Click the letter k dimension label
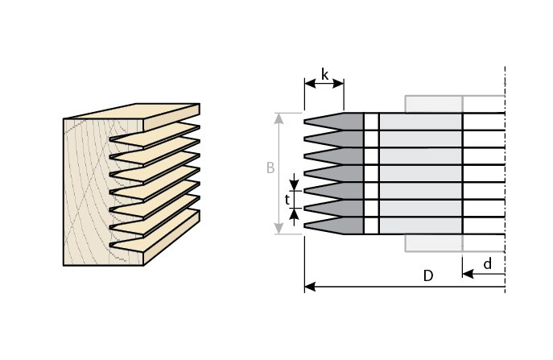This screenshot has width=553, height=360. click(x=325, y=75)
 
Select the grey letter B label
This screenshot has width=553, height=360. click(x=270, y=168)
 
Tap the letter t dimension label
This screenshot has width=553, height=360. click(x=287, y=200)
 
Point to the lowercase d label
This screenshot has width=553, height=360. click(x=488, y=263)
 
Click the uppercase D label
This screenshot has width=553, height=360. click(x=427, y=275)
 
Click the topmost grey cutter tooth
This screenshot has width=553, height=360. click(x=333, y=122)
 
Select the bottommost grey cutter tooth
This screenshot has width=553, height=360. click(x=333, y=226)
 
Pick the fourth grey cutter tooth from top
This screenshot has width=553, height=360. click(x=333, y=174)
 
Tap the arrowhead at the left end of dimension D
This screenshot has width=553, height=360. click(x=310, y=287)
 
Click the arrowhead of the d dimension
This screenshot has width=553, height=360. click(x=468, y=274)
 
